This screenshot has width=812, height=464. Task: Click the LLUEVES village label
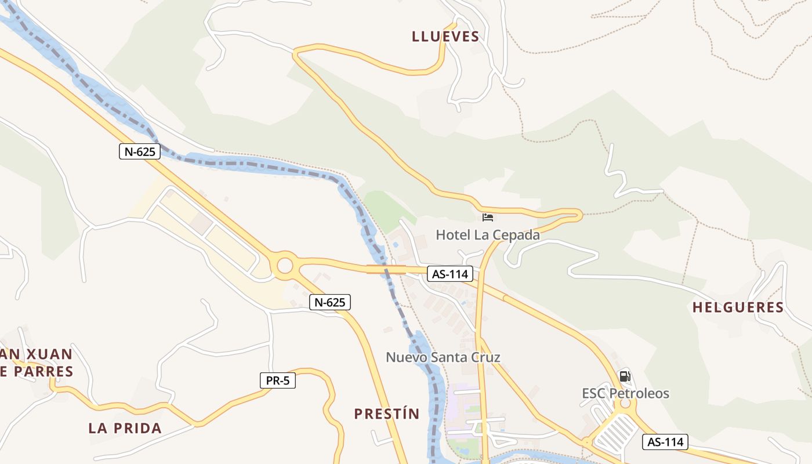point(445,37)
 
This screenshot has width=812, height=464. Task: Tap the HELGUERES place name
point(738,307)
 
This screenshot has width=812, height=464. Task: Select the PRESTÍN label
point(386,414)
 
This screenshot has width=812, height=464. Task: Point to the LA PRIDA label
point(125,429)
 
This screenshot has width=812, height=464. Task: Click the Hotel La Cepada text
point(488,235)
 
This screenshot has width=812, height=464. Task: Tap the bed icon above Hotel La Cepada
point(488,218)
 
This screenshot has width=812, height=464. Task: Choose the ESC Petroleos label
point(625,393)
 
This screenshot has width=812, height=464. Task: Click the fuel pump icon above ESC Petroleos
point(625,376)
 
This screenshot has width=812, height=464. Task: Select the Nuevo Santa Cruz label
point(443,357)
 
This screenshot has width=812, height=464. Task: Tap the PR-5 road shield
point(277,380)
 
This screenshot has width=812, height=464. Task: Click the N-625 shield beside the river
point(139,152)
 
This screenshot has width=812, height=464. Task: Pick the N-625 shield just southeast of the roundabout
point(329,302)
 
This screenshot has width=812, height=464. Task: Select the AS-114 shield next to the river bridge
point(450,274)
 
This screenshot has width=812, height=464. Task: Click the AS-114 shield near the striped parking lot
point(665,442)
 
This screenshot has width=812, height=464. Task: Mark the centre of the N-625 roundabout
point(285,266)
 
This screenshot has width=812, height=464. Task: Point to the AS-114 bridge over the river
point(386,269)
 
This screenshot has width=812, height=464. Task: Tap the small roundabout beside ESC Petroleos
point(625,403)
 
